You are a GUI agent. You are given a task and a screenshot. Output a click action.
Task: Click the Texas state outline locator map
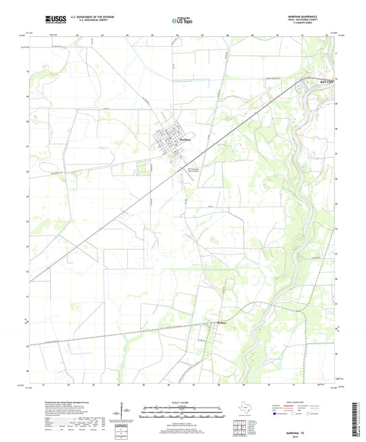(x=244, y=410)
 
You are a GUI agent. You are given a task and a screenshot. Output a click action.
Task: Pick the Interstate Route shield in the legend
(x=275, y=414)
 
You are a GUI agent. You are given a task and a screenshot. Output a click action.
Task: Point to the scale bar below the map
(x=182, y=415)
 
